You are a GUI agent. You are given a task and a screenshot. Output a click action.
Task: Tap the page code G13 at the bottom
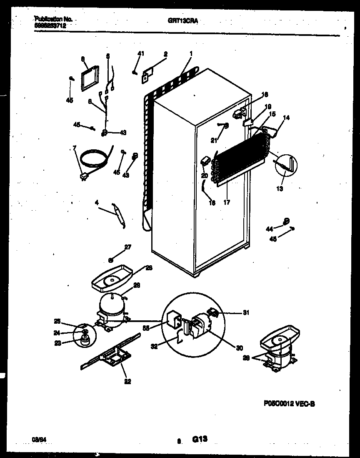pyautogui.click(x=200, y=439)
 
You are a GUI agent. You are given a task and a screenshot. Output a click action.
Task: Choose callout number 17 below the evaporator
pyautogui.click(x=226, y=202)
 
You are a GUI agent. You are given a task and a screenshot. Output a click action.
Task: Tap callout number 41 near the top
pyautogui.click(x=141, y=53)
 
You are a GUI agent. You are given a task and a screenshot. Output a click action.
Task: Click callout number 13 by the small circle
pyautogui.click(x=279, y=189)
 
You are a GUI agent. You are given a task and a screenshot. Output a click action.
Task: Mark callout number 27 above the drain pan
pyautogui.click(x=127, y=247)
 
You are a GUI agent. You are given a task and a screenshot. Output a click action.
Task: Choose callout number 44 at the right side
pyautogui.click(x=270, y=228)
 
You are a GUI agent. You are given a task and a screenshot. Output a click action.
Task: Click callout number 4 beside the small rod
pyautogui.click(x=97, y=203)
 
